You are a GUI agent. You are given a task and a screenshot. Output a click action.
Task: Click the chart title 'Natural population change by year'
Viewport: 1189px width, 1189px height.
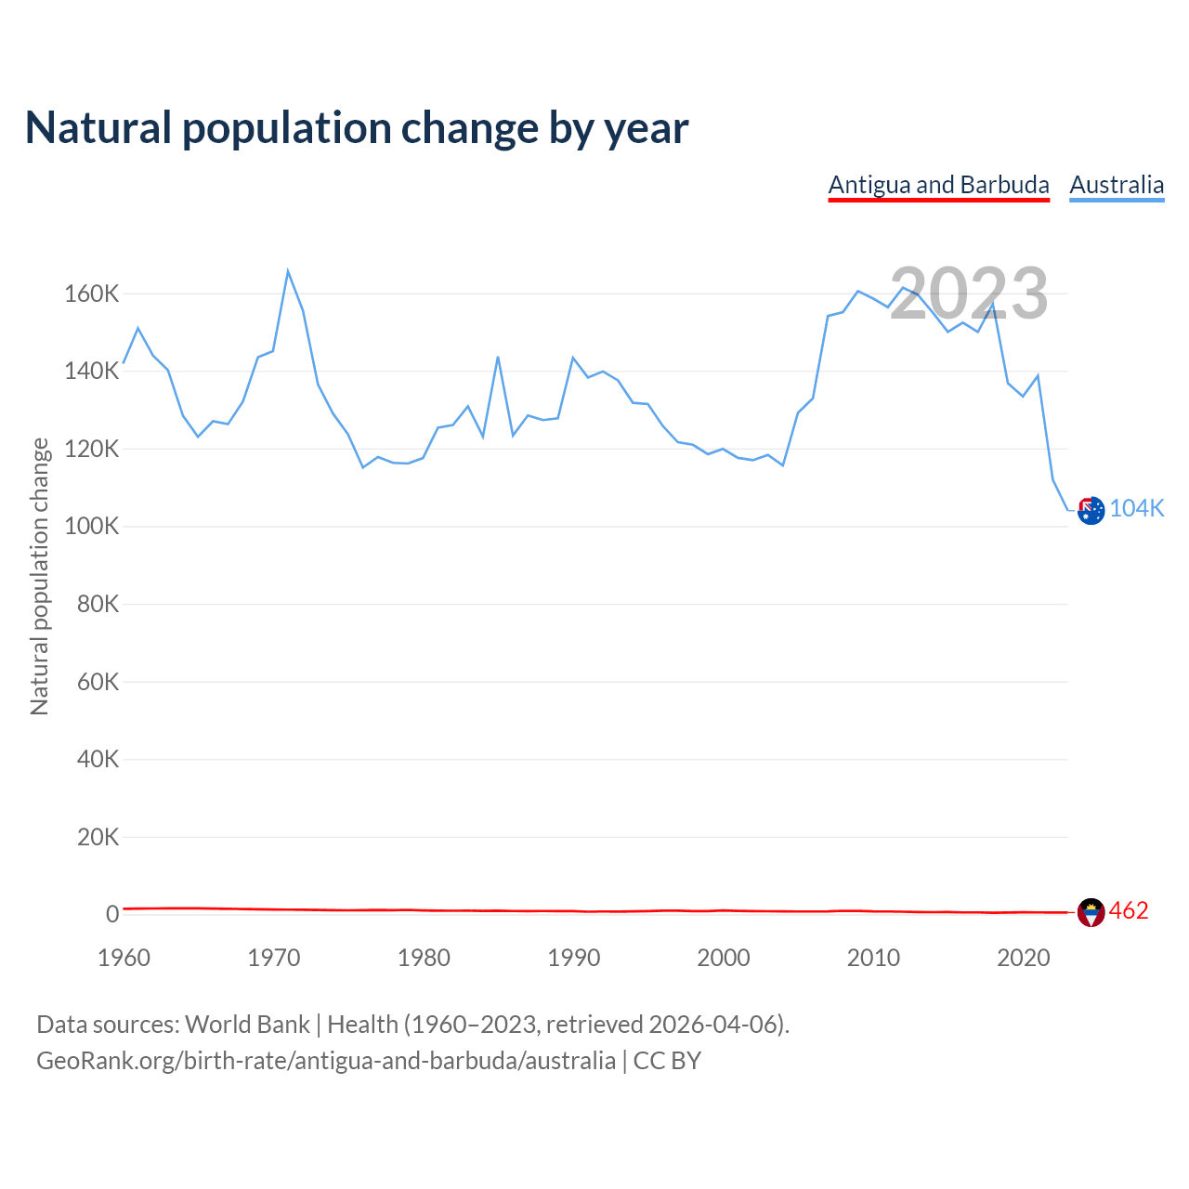[x=357, y=128]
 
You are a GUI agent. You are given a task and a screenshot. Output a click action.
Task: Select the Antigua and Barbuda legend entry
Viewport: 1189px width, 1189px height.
[x=938, y=185]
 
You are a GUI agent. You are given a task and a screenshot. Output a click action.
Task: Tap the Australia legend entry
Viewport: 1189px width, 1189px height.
[x=1117, y=185]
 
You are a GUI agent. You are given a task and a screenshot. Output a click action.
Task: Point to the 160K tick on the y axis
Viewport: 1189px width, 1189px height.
[x=92, y=294]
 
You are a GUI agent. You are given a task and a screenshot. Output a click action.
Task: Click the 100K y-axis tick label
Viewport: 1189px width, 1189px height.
[x=92, y=527]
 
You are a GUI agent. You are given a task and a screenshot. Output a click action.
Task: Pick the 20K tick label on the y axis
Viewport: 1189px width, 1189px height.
[x=98, y=837]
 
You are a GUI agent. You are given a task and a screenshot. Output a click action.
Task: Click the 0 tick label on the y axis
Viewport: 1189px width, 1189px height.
[x=112, y=914]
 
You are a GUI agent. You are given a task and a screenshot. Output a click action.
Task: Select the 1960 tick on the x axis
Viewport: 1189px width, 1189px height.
[x=124, y=958]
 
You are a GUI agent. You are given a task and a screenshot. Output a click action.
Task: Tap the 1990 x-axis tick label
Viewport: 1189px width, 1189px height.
[x=573, y=958]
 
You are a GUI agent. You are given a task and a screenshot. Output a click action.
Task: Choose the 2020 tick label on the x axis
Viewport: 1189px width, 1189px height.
[x=1023, y=958]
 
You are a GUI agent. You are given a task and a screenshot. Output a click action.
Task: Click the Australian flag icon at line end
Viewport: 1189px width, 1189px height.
[x=1091, y=510]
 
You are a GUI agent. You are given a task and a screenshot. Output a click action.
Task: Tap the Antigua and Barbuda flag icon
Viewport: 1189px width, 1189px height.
[x=1091, y=912]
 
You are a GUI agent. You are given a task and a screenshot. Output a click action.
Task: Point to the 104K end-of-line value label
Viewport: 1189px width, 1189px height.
[x=1137, y=508]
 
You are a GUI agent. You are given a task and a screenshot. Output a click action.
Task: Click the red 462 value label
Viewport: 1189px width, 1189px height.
[x=1129, y=910]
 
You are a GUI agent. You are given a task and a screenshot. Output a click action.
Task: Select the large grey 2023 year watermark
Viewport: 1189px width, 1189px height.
[x=969, y=294]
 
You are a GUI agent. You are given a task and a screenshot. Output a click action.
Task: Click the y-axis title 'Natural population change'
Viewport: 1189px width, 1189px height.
[x=40, y=576]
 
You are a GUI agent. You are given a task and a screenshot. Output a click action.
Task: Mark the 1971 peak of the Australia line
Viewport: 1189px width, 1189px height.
[x=288, y=271]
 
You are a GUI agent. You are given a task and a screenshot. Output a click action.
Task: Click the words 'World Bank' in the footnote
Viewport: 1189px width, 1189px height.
[x=247, y=1024]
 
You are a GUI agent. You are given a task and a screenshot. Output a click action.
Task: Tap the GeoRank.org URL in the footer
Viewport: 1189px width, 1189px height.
[x=326, y=1060]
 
